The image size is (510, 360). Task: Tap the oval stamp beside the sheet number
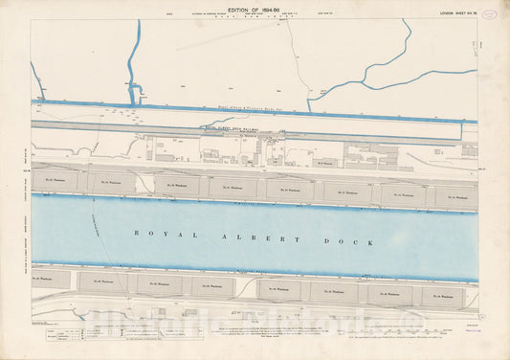pos(490,12)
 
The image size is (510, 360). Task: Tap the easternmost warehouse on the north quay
pos(455,196)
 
